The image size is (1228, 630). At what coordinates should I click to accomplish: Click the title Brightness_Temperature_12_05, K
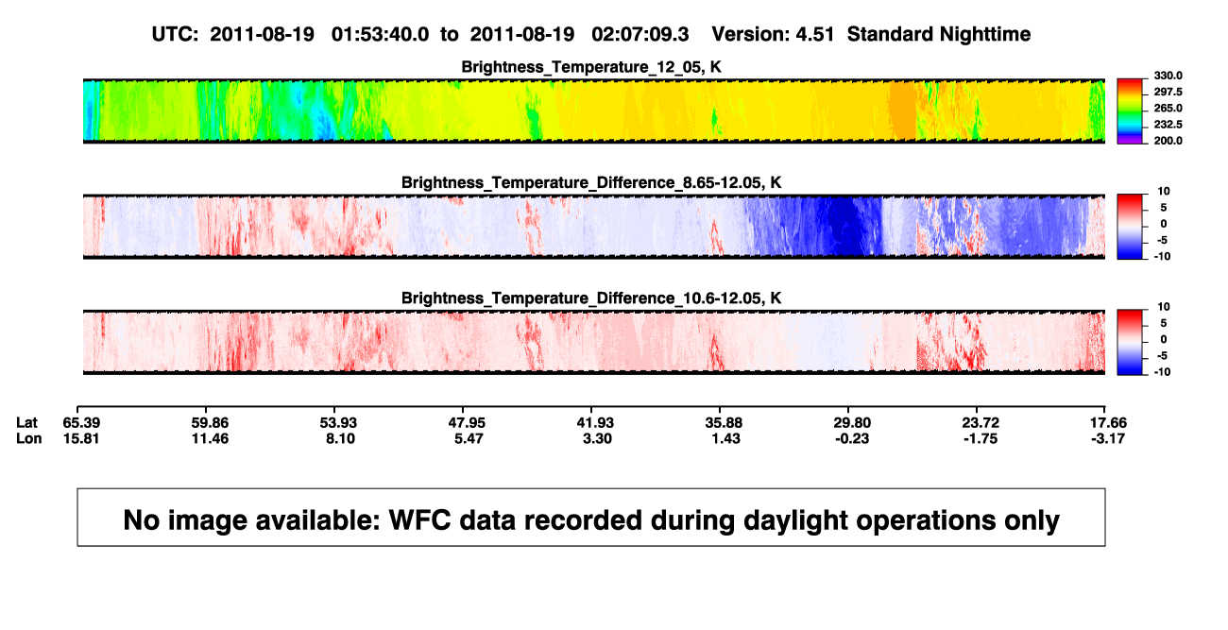click(591, 67)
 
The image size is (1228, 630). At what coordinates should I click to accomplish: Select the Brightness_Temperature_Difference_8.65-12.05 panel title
click(591, 182)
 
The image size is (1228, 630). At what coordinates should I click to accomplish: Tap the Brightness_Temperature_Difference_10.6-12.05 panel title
click(591, 298)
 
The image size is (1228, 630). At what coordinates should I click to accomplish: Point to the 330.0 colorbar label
click(1168, 76)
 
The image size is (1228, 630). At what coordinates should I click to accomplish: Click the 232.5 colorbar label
click(1168, 125)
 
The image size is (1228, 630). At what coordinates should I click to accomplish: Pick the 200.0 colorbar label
click(1168, 141)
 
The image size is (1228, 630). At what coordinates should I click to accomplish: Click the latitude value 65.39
click(81, 423)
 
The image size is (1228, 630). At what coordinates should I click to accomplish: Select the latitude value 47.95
click(467, 423)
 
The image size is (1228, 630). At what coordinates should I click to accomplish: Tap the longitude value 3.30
click(597, 438)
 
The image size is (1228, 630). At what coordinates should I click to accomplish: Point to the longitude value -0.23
click(852, 438)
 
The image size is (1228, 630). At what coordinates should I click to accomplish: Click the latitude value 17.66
click(1108, 423)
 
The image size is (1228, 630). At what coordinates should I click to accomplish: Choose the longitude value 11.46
click(210, 438)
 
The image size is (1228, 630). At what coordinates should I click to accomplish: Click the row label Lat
click(26, 423)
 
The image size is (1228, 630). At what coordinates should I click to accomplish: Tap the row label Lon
click(29, 438)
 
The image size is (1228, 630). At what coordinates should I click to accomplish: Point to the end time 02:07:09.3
click(640, 35)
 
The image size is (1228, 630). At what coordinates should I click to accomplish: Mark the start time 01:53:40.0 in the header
click(380, 35)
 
